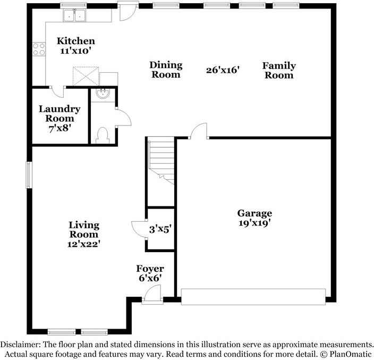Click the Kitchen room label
pos(76,41)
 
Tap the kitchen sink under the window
pos(74,16)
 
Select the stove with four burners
pos(39,49)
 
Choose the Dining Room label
pos(166,70)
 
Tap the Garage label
pos(254,213)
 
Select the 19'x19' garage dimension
pos(254,223)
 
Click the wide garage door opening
pos(253,296)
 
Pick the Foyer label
pos(150,269)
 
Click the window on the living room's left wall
pos(29,174)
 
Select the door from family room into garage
pos(199,131)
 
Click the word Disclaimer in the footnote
pos(21,345)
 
